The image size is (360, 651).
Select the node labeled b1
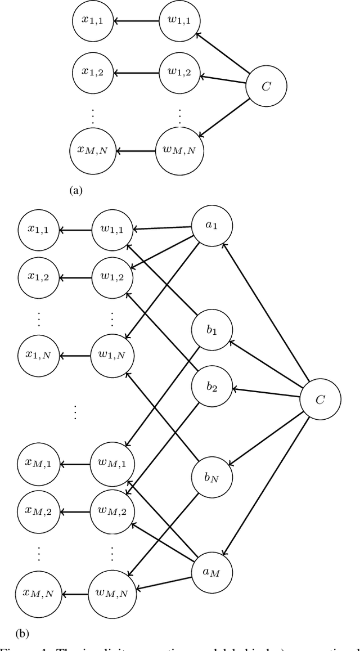[211, 330]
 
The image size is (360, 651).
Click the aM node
[211, 571]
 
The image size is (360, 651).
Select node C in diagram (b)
[320, 399]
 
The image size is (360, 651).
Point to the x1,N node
[38, 355]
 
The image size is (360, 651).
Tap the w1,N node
[112, 355]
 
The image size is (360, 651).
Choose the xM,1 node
[38, 464]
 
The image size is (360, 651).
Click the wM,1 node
[112, 464]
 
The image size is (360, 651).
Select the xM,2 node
[38, 510]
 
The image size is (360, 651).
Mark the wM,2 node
[112, 510]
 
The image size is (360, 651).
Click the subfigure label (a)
[75, 190]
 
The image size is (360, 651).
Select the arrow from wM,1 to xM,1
[75, 464]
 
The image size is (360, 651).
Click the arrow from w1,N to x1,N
[75, 355]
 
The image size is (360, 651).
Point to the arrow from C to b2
[265, 393]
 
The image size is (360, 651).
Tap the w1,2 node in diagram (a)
[179, 72]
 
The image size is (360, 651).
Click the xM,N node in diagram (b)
[38, 593]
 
